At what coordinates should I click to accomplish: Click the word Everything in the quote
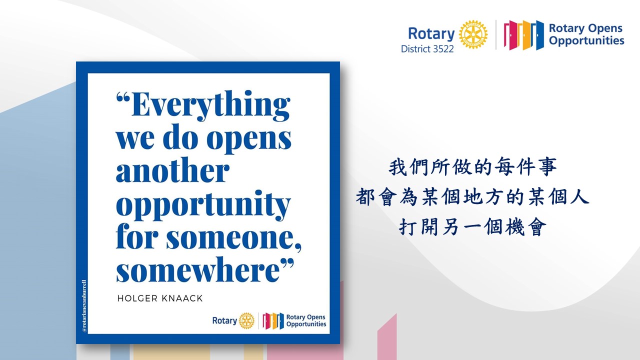[x=211, y=105]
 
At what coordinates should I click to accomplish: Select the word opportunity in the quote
[x=203, y=205]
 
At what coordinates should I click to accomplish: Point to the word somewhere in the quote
[x=197, y=269]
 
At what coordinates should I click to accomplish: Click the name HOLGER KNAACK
[x=160, y=298]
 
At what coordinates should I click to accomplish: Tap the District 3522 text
[x=427, y=49]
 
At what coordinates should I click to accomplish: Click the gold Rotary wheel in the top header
[x=473, y=34]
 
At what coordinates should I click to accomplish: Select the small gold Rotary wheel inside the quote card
[x=246, y=320]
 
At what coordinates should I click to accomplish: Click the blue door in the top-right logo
[x=536, y=35]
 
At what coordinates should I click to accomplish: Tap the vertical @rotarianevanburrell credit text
[x=84, y=306]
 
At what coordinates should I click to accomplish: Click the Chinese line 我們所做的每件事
[x=473, y=167]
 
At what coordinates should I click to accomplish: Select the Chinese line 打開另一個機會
[x=473, y=227]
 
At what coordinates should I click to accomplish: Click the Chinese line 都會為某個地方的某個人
[x=473, y=197]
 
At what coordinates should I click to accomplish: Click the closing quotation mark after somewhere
[x=287, y=262]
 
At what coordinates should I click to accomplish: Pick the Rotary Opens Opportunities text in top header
[x=586, y=34]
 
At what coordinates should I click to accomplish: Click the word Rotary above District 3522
[x=431, y=33]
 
